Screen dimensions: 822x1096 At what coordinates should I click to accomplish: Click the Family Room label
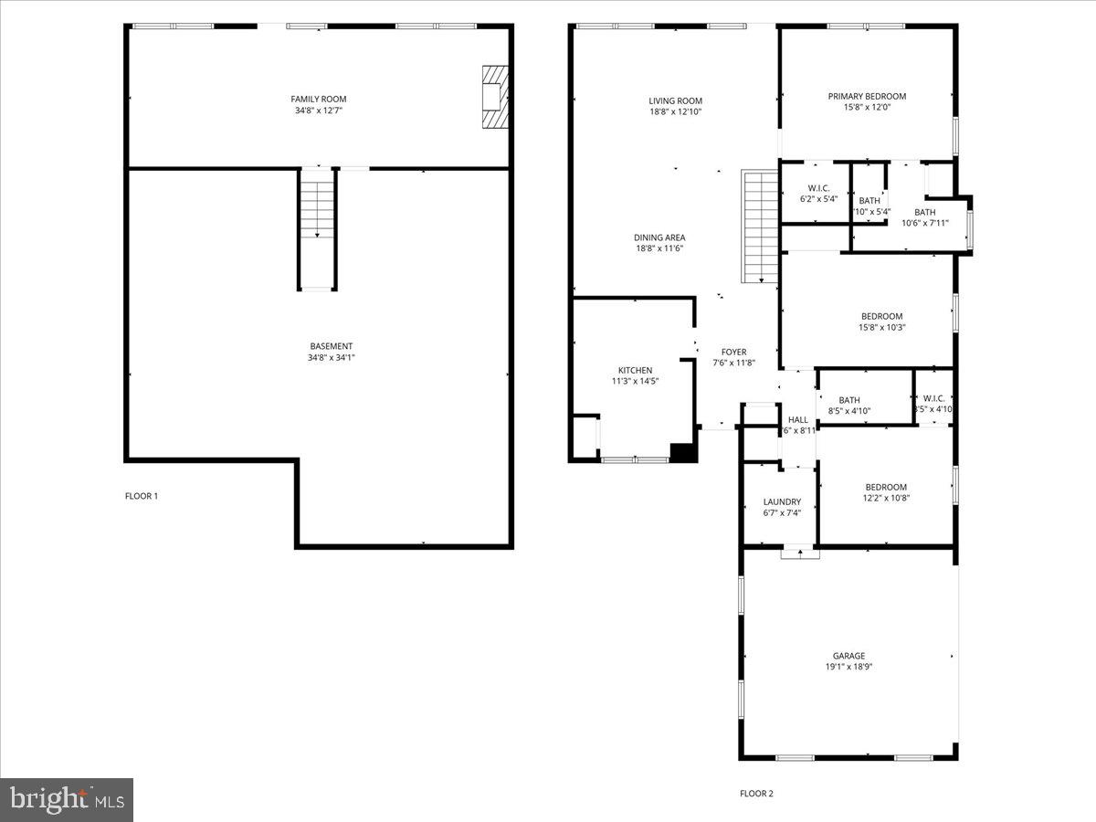click(x=319, y=99)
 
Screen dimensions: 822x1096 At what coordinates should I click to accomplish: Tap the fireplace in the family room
click(x=494, y=96)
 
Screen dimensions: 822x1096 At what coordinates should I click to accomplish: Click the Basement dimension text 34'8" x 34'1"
click(x=331, y=358)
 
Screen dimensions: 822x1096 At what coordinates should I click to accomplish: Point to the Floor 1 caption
click(x=142, y=496)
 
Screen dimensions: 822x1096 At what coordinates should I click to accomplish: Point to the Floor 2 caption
click(x=756, y=794)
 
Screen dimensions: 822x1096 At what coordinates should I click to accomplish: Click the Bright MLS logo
click(x=67, y=800)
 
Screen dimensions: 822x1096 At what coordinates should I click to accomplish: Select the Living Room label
click(x=676, y=100)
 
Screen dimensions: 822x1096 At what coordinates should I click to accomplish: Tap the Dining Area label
click(x=659, y=237)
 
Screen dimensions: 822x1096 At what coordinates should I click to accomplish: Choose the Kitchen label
click(x=635, y=370)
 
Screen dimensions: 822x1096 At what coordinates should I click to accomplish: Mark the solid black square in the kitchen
click(x=683, y=451)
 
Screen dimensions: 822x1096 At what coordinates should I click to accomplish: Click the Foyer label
click(x=734, y=352)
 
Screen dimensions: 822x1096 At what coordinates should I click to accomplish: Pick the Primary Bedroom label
click(x=867, y=96)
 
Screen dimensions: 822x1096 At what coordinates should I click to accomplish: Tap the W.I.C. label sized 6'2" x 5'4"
click(x=818, y=188)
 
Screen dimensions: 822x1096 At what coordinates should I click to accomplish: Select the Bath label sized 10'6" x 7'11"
click(x=925, y=212)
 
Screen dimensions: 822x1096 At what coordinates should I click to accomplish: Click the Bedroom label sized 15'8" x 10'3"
click(x=881, y=316)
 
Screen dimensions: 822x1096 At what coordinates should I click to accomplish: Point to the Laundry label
click(x=783, y=501)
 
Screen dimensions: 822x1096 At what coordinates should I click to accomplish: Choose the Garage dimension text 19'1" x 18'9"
click(x=848, y=667)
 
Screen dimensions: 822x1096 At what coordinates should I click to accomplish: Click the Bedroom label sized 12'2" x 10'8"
click(x=886, y=487)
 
